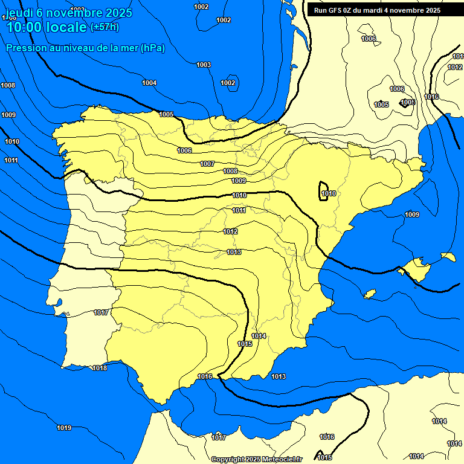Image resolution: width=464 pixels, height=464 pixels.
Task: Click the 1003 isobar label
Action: (x=204, y=65)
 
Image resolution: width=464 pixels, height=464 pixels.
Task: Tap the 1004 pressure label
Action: (x=149, y=83)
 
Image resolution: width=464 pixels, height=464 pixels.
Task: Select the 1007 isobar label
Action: (x=207, y=164)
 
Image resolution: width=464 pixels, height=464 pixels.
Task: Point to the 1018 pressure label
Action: (x=100, y=368)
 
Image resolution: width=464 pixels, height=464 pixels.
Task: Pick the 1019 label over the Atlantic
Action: (x=64, y=428)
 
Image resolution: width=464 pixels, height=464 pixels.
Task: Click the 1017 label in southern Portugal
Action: (x=101, y=312)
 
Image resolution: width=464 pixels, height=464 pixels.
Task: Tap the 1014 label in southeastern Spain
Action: (x=259, y=336)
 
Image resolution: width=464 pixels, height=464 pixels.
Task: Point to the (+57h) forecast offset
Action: (x=105, y=27)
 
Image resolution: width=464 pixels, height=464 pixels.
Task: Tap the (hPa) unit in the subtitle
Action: (x=152, y=48)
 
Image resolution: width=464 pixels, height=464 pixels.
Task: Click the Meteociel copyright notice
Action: (x=256, y=459)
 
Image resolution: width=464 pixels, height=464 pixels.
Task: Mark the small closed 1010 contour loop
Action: (x=323, y=191)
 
